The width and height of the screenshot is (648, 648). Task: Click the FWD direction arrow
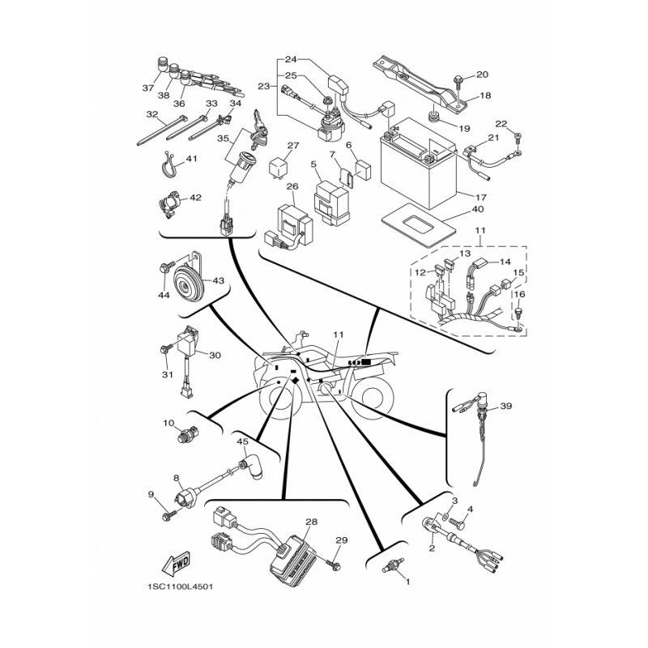tap(176, 563)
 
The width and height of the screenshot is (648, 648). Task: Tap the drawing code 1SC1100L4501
tap(180, 586)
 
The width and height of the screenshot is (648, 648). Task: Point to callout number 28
tap(311, 522)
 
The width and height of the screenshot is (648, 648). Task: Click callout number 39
tap(505, 406)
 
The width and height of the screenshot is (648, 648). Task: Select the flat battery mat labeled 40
tap(418, 224)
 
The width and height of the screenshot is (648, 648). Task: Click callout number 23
tap(263, 87)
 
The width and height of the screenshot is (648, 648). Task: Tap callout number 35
tap(223, 138)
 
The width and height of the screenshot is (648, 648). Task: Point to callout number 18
tap(485, 96)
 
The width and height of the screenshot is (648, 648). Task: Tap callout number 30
tap(215, 355)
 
